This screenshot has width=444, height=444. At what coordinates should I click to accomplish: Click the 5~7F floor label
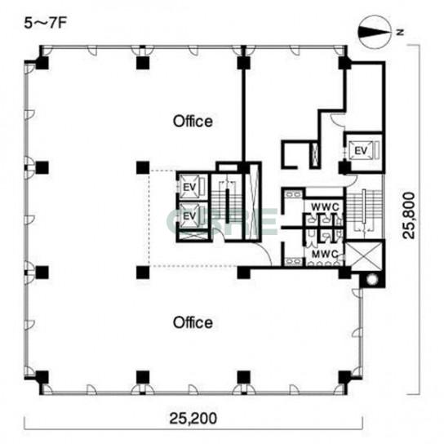coord(45,24)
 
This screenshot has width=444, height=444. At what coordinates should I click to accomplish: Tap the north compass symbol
coord(375,32)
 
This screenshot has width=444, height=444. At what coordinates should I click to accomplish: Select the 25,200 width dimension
coord(193,418)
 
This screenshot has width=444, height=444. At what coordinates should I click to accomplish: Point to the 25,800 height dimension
coord(409,215)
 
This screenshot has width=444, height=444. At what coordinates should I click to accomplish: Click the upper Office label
coord(193,121)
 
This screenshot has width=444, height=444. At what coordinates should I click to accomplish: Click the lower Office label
coord(193,322)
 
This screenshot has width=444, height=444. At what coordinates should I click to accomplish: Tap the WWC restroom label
coord(325,207)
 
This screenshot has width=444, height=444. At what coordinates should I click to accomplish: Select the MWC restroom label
coord(325,254)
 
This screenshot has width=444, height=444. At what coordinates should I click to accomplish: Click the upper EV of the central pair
coord(189,187)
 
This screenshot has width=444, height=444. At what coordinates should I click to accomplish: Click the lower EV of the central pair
coord(189,215)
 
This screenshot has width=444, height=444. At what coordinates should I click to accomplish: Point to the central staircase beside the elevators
coord(227,206)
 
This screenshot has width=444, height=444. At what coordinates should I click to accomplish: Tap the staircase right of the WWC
coord(364,210)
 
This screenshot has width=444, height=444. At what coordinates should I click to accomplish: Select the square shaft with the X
coord(364,255)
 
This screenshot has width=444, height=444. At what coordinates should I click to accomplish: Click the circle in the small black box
coord(372,279)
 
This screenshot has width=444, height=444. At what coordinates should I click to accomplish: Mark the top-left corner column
coord(42,63)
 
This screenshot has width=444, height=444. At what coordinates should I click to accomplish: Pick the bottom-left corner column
coord(42,377)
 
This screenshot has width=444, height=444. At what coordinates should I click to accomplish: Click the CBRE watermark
coord(222,221)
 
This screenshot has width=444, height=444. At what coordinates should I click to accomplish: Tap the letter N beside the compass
coord(400,33)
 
